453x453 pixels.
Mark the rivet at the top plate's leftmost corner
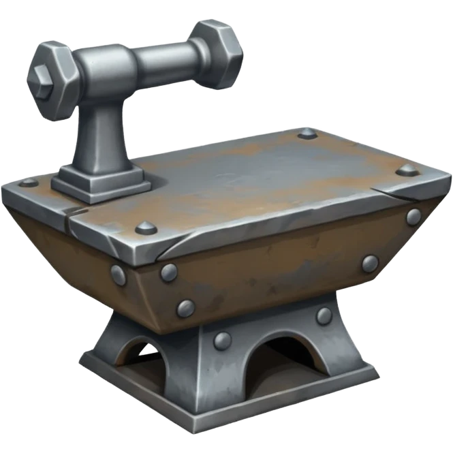pyautogui.click(x=28, y=182)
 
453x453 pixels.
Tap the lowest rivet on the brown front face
pyautogui.click(x=185, y=308)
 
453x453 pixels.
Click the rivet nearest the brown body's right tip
pyautogui.click(x=413, y=217)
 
